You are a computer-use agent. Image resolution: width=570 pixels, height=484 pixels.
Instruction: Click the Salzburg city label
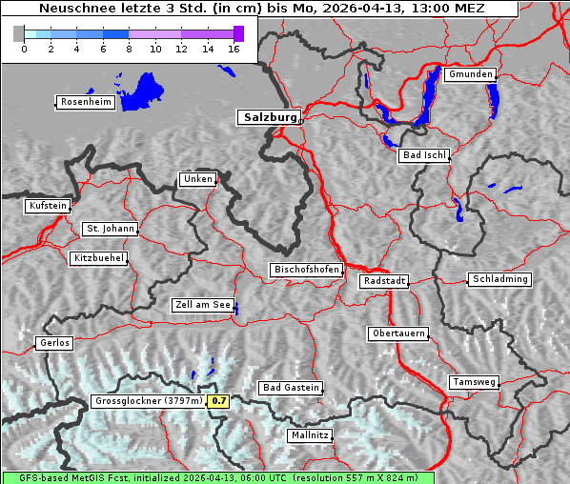(269, 117)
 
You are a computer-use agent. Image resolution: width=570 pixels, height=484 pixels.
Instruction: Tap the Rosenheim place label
(84, 102)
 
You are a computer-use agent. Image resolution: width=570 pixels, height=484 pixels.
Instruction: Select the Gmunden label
(470, 74)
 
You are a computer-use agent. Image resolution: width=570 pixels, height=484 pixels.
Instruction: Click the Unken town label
(196, 179)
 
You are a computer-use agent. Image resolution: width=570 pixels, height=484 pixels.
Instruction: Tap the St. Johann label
(111, 229)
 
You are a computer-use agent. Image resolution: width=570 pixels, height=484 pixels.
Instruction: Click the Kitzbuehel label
(98, 258)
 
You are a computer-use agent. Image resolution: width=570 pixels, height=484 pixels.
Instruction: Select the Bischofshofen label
(306, 271)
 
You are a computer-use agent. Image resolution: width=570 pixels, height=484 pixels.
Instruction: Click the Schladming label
(499, 279)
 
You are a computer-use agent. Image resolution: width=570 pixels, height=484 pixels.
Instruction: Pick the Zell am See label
(203, 305)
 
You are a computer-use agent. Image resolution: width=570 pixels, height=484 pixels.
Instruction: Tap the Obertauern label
(397, 333)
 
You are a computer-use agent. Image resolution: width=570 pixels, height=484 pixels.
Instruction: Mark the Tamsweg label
(474, 382)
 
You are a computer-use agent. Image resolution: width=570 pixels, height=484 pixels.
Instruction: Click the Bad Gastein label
(291, 388)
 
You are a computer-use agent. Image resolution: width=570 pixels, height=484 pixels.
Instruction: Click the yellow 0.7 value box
(219, 401)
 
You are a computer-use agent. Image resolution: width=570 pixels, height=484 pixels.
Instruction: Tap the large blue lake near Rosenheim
(143, 91)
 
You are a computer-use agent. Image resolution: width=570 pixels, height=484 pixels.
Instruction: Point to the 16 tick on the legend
(233, 50)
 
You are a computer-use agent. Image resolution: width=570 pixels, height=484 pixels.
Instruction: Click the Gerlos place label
(53, 343)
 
